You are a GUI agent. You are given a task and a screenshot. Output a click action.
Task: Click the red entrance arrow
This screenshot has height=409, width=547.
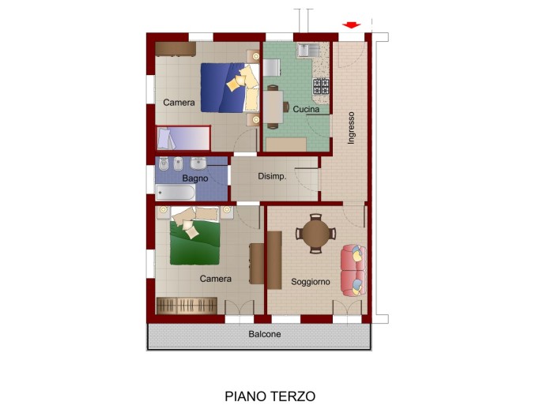[x=351, y=25]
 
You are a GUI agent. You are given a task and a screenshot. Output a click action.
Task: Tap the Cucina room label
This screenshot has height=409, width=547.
[x=306, y=109]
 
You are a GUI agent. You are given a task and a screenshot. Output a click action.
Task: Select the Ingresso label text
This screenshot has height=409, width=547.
[x=351, y=128]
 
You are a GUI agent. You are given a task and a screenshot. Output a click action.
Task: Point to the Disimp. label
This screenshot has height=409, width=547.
[x=272, y=176]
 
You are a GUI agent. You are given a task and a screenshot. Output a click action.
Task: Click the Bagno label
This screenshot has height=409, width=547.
[x=195, y=178]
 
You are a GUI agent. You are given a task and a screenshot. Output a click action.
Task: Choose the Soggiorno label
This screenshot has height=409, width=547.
[x=311, y=282]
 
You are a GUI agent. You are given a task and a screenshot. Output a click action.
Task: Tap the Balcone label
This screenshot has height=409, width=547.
[x=265, y=334]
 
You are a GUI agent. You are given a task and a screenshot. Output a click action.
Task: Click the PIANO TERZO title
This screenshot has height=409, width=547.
[x=270, y=396]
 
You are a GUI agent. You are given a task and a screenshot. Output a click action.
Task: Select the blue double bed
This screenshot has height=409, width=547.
[x=230, y=88]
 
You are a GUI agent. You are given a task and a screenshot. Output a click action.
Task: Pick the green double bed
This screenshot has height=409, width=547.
[x=194, y=236]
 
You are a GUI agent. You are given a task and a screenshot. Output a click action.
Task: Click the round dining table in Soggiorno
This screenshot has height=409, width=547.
[x=315, y=234]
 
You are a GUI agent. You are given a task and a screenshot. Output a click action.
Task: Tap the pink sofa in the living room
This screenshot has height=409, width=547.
[x=353, y=270]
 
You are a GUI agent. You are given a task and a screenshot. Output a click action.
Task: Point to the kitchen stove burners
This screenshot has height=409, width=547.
[x=321, y=86]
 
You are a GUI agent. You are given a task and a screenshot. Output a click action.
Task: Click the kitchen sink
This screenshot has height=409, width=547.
[x=308, y=50]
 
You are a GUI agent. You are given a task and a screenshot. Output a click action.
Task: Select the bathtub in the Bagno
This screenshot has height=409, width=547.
[x=175, y=193]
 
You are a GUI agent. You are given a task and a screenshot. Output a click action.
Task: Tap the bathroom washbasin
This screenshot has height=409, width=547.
[x=198, y=163]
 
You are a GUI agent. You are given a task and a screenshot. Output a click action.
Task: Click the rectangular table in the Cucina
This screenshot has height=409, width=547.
[x=273, y=107]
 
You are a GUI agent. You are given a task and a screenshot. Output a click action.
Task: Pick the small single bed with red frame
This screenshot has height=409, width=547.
[x=183, y=138]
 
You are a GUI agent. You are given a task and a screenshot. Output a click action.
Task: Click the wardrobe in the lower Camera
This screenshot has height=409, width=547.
[x=187, y=306]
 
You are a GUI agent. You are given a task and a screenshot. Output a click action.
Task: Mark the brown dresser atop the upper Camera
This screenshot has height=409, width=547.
[x=175, y=49]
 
